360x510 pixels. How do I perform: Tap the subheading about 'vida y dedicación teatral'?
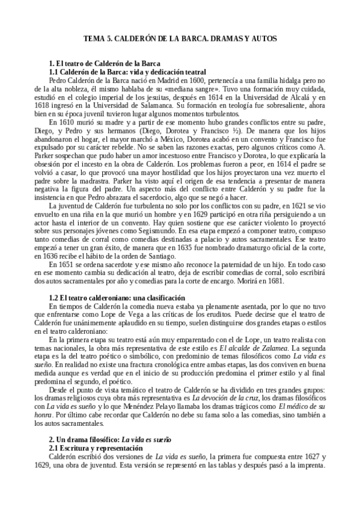tap(127, 72)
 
